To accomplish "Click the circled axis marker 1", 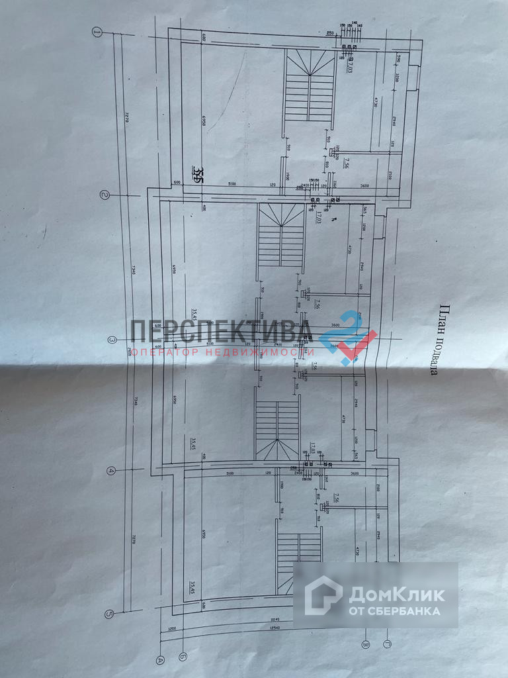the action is point(97,31).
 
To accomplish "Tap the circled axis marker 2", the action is point(104,195).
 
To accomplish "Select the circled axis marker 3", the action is point(112,340).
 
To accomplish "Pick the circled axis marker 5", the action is point(110,613).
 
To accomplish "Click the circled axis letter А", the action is point(159,659).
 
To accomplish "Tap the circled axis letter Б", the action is point(182,657).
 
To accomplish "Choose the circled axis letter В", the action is point(364,643).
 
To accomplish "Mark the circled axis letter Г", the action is point(387,642).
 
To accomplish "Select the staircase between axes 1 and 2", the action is point(310,86).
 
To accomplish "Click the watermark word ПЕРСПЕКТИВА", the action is point(223,330).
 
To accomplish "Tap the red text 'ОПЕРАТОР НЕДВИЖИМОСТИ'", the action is point(222,352).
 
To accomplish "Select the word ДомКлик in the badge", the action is point(397,594).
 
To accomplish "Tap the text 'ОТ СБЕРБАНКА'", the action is point(395,610).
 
